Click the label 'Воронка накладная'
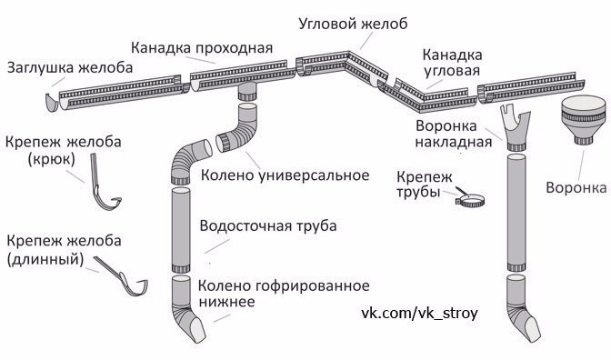[x=453, y=135]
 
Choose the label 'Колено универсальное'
[x=284, y=174]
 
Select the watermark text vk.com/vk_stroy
[x=419, y=312]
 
